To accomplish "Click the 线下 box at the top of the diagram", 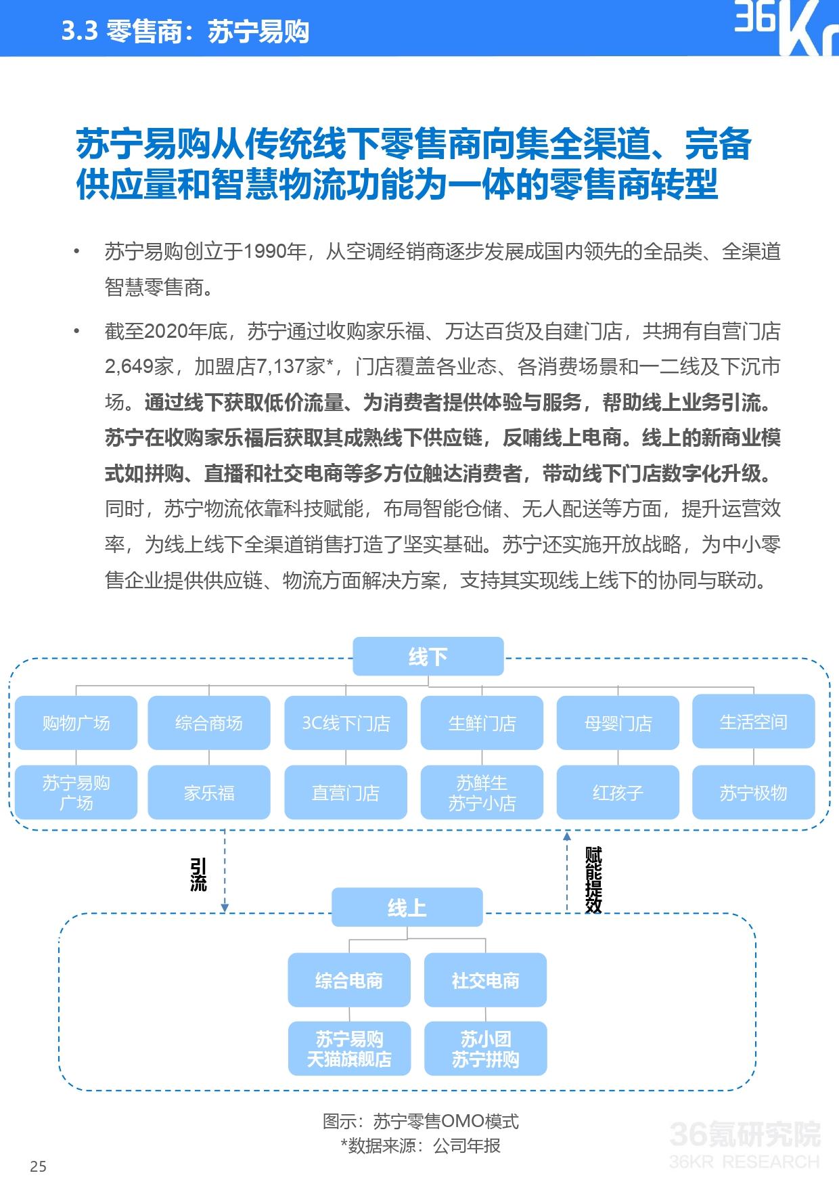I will (428, 656).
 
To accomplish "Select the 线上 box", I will (407, 907).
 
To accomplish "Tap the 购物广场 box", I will (76, 723).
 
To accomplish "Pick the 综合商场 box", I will (209, 723).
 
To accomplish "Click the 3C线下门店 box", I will (346, 723).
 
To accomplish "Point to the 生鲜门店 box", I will (482, 723).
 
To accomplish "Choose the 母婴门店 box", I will (618, 723).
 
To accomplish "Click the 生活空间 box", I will (754, 722).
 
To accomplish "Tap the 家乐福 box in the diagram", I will (209, 793).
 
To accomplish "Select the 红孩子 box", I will (618, 793).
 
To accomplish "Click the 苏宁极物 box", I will (754, 793).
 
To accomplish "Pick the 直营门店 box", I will (346, 793).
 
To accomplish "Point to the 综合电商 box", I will (349, 980).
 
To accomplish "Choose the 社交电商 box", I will (485, 980).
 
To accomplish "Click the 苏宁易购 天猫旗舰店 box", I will (349, 1049).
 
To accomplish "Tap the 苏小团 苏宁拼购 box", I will (485, 1049).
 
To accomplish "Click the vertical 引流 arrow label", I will (198, 875).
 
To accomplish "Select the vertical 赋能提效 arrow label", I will (593, 879).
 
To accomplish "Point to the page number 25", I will (39, 1166).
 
